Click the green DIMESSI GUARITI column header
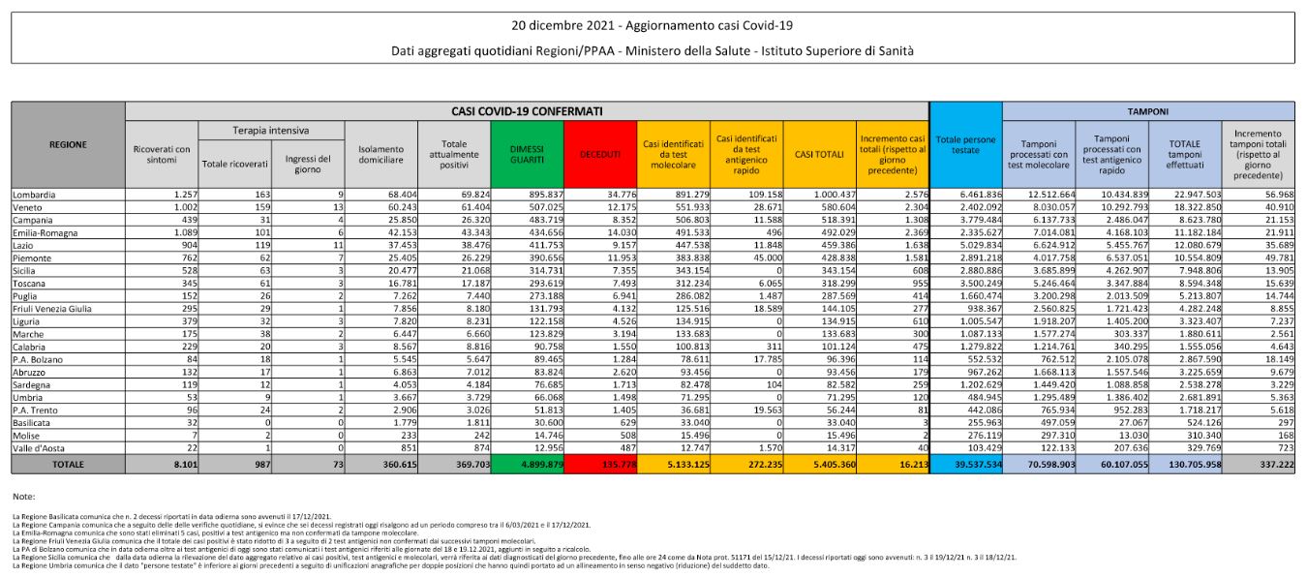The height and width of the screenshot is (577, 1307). click(x=527, y=152)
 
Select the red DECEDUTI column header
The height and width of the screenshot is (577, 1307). click(x=600, y=153)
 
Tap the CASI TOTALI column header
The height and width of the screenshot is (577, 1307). click(x=819, y=153)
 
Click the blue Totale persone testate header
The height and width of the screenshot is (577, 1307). click(x=965, y=146)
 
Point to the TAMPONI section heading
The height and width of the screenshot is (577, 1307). click(x=1148, y=110)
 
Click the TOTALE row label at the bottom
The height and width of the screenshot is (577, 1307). click(x=68, y=465)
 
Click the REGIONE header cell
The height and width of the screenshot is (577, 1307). click(x=68, y=145)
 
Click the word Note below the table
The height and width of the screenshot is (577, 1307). click(x=24, y=496)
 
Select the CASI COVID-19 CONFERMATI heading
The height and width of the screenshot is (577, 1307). click(x=527, y=110)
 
